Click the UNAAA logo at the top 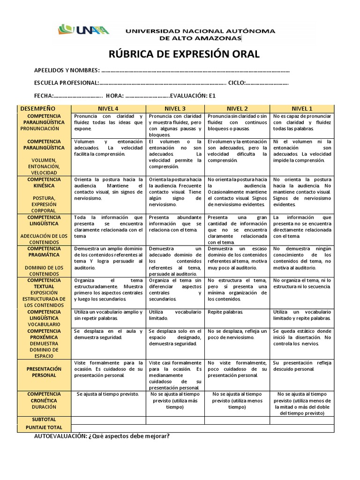[x=84, y=30]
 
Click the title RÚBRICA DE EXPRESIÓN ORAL [x=184, y=54]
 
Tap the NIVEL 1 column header [x=301, y=108]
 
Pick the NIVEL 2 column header [x=237, y=108]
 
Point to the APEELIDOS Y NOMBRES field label [x=67, y=70]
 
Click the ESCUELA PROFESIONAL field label [x=66, y=83]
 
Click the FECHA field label [x=44, y=96]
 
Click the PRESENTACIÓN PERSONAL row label [x=44, y=372]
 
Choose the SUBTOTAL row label [x=44, y=420]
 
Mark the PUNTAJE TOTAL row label [x=44, y=428]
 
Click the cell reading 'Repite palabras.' [x=225, y=312]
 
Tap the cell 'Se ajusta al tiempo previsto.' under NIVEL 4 [x=108, y=394]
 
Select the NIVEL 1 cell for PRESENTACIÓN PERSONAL [x=301, y=366]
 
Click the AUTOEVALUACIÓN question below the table [x=102, y=436]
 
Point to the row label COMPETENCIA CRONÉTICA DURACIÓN [x=44, y=401]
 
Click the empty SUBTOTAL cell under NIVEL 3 [x=175, y=420]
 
